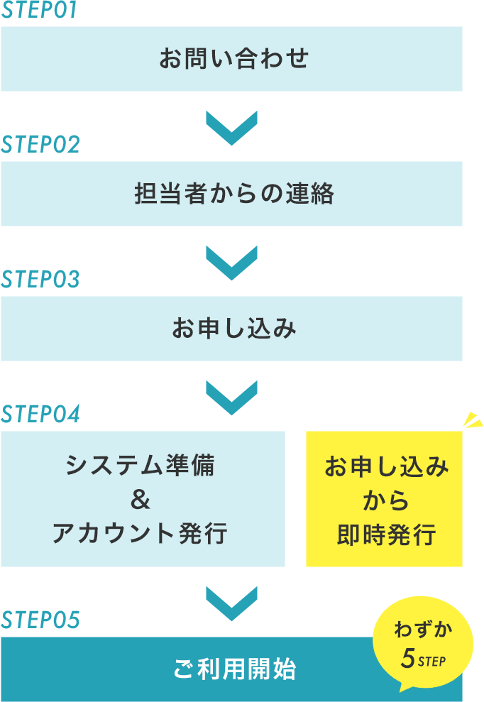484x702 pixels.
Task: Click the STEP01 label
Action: coord(39,10)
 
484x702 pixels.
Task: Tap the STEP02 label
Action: coord(40,145)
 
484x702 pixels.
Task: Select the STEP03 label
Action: coord(40,280)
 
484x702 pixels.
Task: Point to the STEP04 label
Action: coord(40,414)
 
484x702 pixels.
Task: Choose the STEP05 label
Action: coord(40,620)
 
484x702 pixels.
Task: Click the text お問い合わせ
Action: coord(233,59)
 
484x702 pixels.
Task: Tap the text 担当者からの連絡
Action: coord(233,194)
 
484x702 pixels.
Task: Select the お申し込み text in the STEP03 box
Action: coord(233,329)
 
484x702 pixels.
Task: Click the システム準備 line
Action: coord(140,466)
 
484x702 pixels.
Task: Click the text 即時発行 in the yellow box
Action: coord(386,534)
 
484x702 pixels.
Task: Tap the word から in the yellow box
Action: coord(386,501)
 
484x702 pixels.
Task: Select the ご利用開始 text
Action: coord(233,669)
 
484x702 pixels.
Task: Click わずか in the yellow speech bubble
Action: coord(424,630)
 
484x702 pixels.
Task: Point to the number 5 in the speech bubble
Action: coord(407,659)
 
